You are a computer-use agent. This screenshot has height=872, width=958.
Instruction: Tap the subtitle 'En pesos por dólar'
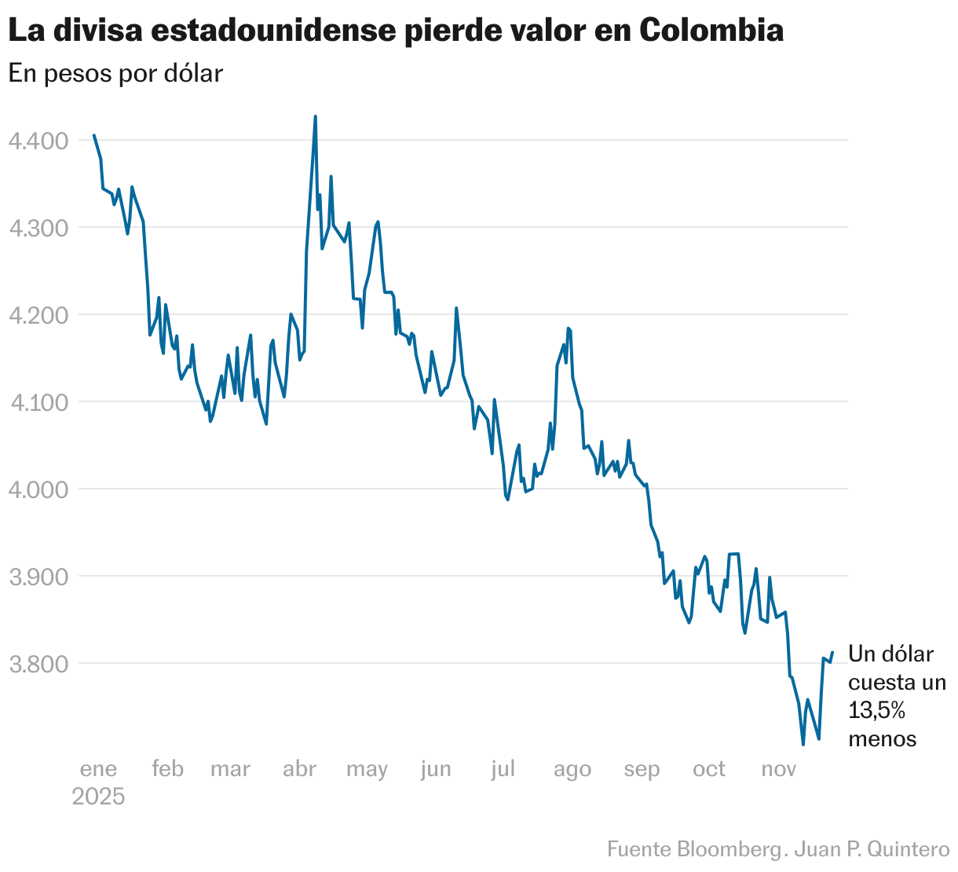(x=115, y=73)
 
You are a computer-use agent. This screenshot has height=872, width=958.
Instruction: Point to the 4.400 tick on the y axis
(x=38, y=141)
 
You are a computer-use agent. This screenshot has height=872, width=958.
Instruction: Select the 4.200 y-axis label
(x=38, y=316)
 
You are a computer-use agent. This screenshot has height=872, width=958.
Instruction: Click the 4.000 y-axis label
(x=38, y=490)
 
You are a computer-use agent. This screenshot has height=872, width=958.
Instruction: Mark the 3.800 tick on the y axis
(x=38, y=665)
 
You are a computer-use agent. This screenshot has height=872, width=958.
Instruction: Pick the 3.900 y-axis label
(x=38, y=577)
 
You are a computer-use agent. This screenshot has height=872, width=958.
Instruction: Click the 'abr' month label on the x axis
(x=299, y=769)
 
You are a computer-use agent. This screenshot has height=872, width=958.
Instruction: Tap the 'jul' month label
(x=503, y=769)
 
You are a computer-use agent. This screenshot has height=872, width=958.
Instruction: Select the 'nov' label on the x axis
(x=779, y=769)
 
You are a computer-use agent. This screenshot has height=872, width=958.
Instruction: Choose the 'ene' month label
(x=99, y=769)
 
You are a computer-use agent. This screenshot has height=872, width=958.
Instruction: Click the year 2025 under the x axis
(x=99, y=797)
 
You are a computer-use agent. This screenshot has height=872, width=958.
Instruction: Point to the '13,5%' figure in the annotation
(x=877, y=711)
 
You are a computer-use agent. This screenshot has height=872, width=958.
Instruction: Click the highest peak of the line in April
(x=316, y=116)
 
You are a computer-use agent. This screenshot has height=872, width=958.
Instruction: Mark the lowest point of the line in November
(x=803, y=744)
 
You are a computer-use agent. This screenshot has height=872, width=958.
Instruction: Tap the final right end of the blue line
(x=832, y=651)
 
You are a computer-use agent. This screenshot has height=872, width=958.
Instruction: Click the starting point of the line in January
(x=94, y=135)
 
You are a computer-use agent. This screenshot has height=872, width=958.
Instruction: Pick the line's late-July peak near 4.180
(x=568, y=328)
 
